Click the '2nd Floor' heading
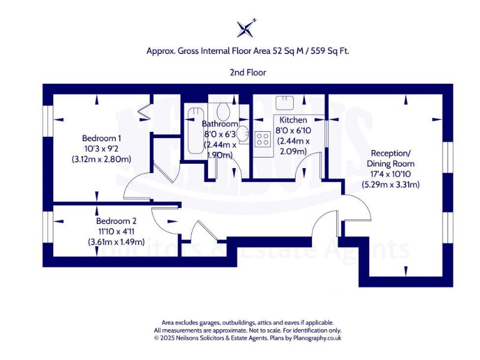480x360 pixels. [x=248, y=72]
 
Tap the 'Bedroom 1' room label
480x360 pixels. [x=101, y=138]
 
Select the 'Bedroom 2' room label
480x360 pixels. [x=116, y=221]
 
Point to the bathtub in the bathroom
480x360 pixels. [x=192, y=134]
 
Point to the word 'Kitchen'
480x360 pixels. [x=292, y=120]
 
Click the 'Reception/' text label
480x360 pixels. [x=391, y=153]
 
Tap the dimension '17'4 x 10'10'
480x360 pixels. [x=391, y=174]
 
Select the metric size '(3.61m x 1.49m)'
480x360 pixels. [x=116, y=242]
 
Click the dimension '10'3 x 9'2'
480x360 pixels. [x=101, y=149]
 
